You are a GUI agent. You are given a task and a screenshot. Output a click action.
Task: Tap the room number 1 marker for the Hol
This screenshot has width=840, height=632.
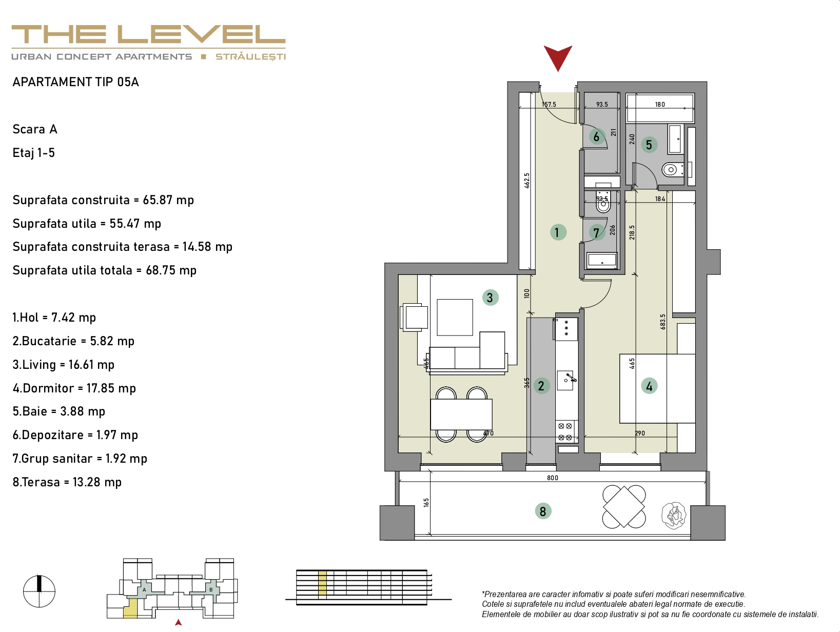point(558,232)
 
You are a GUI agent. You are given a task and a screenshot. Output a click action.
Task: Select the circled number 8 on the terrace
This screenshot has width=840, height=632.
point(543,511)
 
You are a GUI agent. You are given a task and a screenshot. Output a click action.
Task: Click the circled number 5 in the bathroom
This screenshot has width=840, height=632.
point(649,145)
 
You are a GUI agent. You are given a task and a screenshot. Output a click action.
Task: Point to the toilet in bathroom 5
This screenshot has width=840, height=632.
point(672,169)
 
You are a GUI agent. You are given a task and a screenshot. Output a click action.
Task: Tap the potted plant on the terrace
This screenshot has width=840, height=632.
point(674,515)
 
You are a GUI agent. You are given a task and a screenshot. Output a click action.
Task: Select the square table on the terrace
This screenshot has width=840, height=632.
point(624,506)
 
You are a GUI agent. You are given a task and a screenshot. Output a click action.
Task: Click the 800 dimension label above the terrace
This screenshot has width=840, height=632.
point(552,478)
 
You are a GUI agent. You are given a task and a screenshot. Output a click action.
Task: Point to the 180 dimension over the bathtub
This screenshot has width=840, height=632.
point(660,105)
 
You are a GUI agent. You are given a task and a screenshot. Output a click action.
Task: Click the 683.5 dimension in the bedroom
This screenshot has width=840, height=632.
point(662,322)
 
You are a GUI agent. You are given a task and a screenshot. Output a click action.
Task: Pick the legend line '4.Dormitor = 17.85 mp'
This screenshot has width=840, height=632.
point(74,388)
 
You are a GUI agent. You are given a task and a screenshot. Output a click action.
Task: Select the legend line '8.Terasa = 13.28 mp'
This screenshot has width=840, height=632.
point(67,482)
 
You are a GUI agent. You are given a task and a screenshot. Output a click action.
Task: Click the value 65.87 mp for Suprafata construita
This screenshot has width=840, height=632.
point(168,200)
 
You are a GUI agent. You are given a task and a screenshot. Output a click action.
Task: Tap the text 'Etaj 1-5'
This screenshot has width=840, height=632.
point(34,153)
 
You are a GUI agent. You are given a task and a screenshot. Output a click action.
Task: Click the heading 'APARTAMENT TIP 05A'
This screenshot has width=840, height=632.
point(76,82)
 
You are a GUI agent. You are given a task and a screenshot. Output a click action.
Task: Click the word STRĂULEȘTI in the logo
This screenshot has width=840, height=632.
point(250,57)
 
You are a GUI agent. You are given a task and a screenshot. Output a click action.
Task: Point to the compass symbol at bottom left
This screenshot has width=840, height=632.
point(39,591)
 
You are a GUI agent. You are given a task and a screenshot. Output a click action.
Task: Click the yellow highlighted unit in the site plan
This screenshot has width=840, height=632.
point(130,608)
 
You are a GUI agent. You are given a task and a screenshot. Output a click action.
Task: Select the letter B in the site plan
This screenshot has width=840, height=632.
point(211,589)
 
